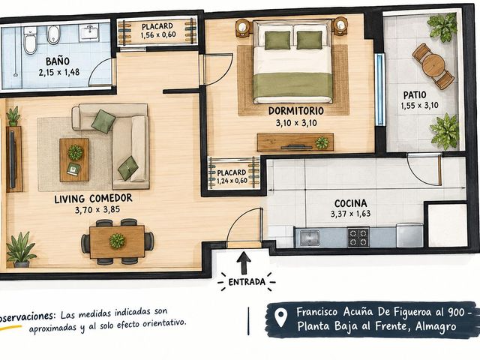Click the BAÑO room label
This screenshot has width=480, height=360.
click(x=58, y=61)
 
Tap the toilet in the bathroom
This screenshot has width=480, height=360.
click(x=30, y=41)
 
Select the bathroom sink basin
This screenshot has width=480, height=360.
click(x=88, y=32)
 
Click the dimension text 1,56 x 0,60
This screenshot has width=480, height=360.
click(x=158, y=35)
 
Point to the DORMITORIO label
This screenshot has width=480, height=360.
click(x=296, y=111)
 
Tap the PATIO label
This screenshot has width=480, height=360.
click(x=415, y=95)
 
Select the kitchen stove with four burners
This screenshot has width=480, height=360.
click(x=358, y=237)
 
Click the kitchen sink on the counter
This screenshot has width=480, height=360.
click(x=310, y=238)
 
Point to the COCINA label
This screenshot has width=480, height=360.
click(x=350, y=203)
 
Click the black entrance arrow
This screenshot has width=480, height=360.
click(x=244, y=262)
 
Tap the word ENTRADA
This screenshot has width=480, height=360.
click(x=247, y=282)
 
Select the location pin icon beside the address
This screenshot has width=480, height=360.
click(x=280, y=317)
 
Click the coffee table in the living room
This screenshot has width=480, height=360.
click(x=74, y=160)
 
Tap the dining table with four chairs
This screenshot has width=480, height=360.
click(x=117, y=241)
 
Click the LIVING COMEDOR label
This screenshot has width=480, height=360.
click(x=93, y=198)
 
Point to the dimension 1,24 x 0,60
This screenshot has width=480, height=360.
click(x=232, y=181)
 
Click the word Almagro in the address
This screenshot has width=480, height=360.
click(x=436, y=327)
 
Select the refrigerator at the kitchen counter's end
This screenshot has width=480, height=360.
click(x=409, y=235)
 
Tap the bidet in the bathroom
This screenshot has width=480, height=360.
click(x=53, y=34)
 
